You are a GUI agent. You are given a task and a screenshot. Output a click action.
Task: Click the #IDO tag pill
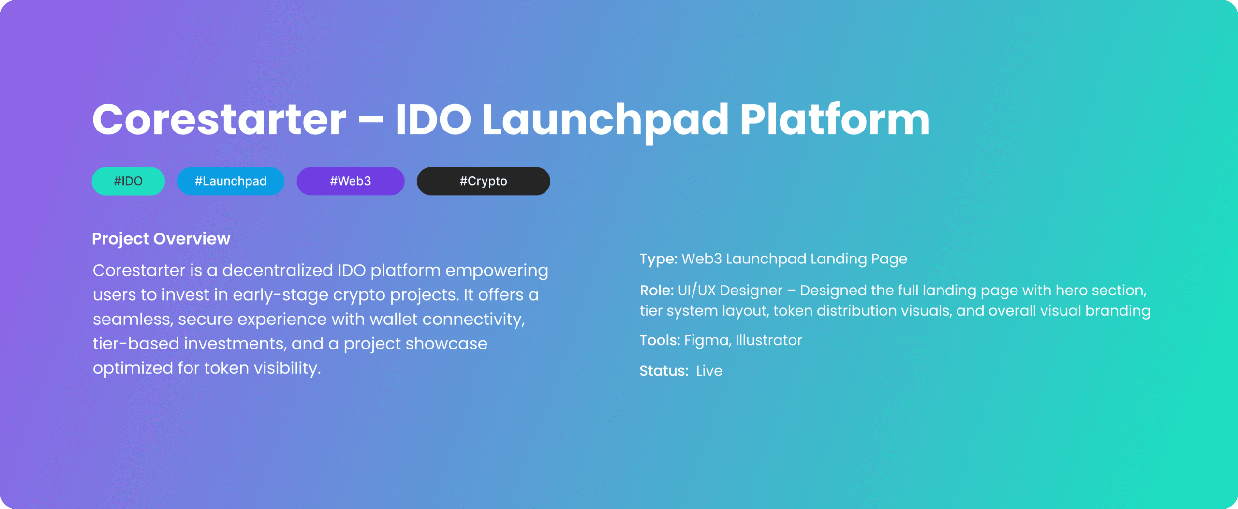point(128,181)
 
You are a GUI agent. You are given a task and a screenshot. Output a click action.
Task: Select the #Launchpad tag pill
point(231,181)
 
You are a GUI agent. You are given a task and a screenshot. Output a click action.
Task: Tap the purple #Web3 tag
point(351,181)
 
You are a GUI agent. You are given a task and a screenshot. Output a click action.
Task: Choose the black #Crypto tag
point(484,181)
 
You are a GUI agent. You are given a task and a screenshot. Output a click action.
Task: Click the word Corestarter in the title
point(220,119)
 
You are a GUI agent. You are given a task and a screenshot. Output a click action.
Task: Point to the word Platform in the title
point(835,119)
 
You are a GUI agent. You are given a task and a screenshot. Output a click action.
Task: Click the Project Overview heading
point(161,239)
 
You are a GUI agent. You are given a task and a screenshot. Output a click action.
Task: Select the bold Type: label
point(659,259)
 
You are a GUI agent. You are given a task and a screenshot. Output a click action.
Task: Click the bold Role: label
point(657,290)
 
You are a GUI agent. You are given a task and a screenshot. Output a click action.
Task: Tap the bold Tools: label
point(660,340)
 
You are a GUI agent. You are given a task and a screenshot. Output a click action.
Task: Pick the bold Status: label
point(664,371)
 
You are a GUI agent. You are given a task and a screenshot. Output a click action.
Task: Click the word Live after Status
point(709,371)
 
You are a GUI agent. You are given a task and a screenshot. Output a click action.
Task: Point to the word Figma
point(707,341)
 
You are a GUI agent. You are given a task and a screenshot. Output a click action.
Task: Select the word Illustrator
point(769,340)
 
